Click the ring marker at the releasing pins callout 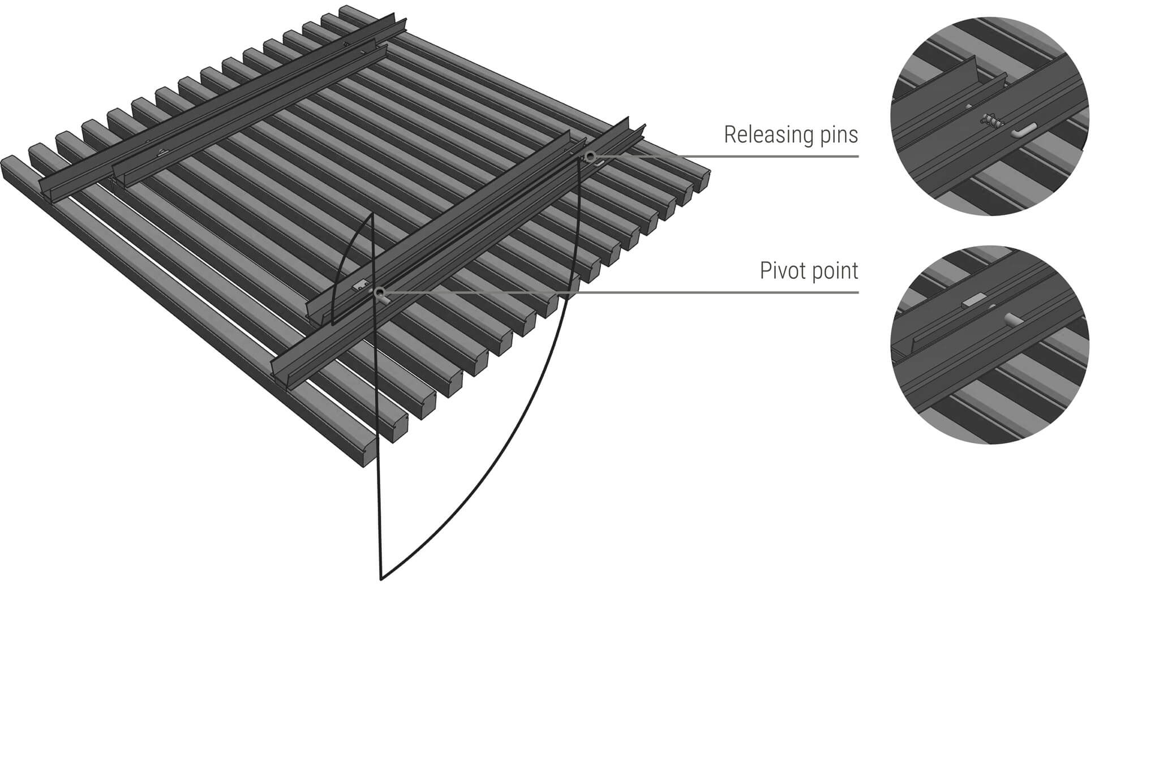(x=590, y=157)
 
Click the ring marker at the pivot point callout (x=379, y=292)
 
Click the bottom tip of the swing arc (x=381, y=579)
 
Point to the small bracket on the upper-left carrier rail (x=163, y=152)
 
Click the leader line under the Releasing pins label (x=736, y=156)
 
